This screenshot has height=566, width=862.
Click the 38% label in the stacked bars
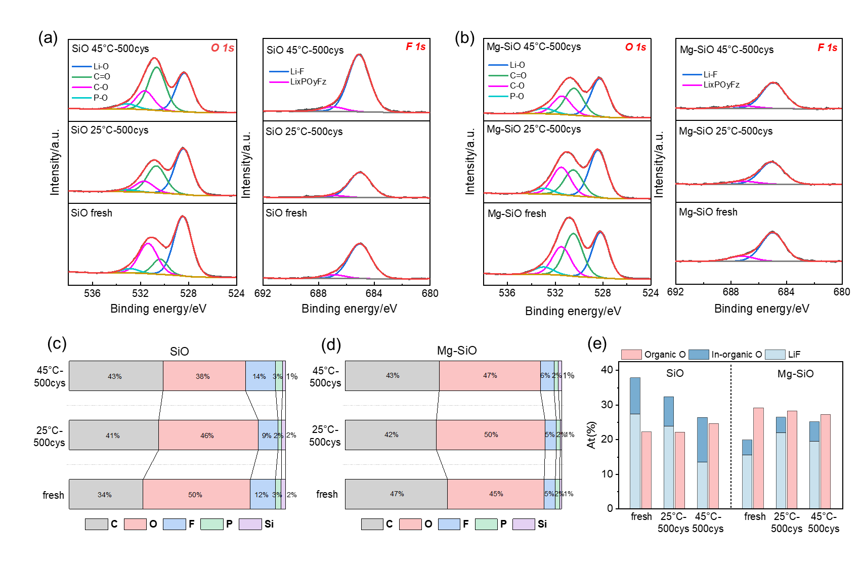coord(203,376)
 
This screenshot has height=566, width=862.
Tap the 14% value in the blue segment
coord(259,376)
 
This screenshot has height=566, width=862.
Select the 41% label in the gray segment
coord(113,436)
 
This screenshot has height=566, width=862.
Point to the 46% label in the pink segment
coord(207,436)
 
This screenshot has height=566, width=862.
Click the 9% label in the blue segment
coord(267,436)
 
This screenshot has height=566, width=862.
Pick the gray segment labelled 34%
coord(105,494)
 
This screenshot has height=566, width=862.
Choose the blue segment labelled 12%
coord(262,494)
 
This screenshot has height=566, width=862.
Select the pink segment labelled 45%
coord(496,494)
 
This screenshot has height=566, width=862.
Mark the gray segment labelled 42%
coord(391,435)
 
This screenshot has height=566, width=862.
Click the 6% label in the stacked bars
coord(545,375)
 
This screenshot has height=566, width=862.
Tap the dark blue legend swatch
coord(699,355)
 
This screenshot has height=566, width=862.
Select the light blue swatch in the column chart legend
coord(775,355)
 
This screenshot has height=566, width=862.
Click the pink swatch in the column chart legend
coord(631,355)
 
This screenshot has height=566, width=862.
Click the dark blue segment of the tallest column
coord(635,396)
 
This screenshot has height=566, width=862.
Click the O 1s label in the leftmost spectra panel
coord(223,48)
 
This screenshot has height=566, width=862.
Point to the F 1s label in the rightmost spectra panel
coord(828,48)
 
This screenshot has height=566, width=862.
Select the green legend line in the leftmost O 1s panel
coord(82,77)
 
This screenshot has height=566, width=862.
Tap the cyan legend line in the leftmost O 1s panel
coord(82,98)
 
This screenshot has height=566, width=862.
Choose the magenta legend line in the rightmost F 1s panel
coord(692,85)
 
